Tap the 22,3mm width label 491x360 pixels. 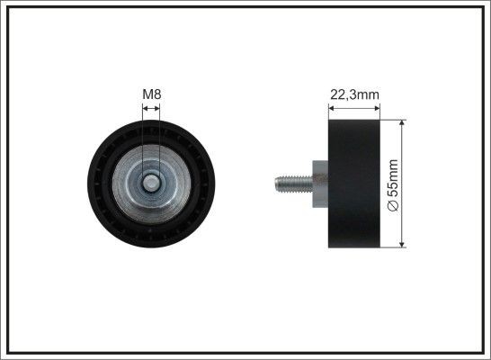click(353, 93)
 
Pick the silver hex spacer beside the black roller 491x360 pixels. click(318, 182)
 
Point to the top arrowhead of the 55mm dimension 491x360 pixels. click(401, 122)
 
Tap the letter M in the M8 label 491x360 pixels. click(147, 93)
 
